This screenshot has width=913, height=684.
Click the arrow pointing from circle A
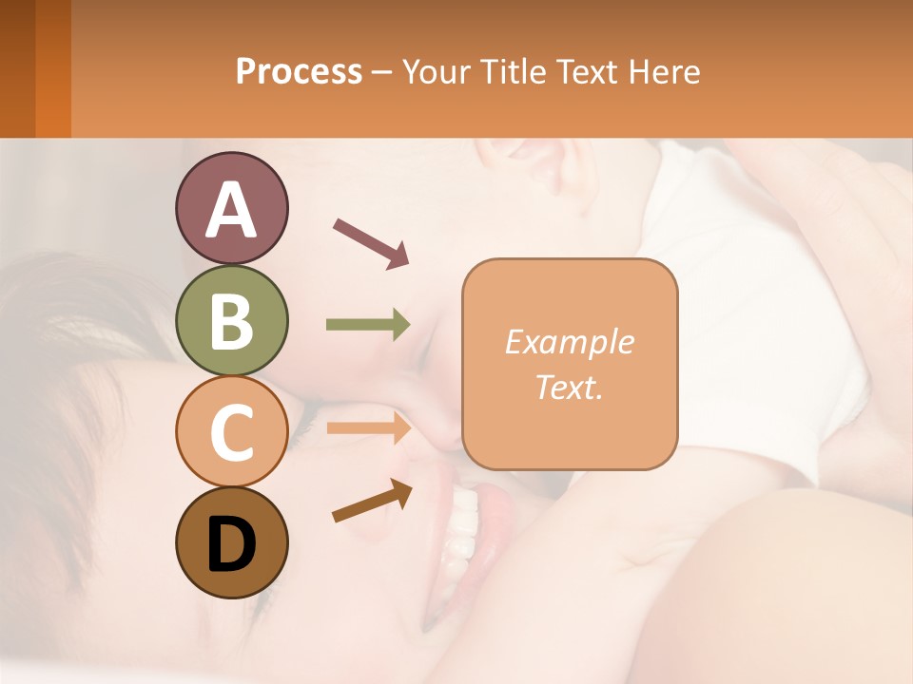click(371, 243)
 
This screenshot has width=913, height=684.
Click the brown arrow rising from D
click(372, 501)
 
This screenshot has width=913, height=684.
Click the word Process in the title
click(299, 71)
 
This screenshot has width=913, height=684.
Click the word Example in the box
click(570, 343)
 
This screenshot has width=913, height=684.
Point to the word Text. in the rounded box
click(570, 387)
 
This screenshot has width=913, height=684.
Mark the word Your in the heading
click(436, 71)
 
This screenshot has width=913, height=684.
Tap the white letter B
click(231, 321)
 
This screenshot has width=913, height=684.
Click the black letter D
click(231, 543)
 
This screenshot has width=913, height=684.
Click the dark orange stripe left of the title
click(53, 68)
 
